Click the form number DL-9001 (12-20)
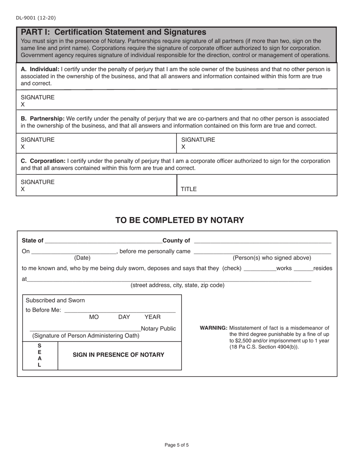[x=36, y=18]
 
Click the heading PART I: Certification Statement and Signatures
[x=113, y=32]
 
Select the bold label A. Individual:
[x=40, y=69]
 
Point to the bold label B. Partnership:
[x=42, y=119]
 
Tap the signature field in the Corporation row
[x=96, y=185]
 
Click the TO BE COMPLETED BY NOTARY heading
[x=180, y=220]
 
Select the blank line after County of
[x=262, y=241]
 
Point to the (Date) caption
[x=82, y=258]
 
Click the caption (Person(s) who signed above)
[x=272, y=258]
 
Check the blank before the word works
[x=260, y=269]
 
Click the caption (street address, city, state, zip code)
[x=177, y=285]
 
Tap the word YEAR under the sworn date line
[x=152, y=317]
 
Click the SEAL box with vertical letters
[x=40, y=355]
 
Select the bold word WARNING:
[x=213, y=328]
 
